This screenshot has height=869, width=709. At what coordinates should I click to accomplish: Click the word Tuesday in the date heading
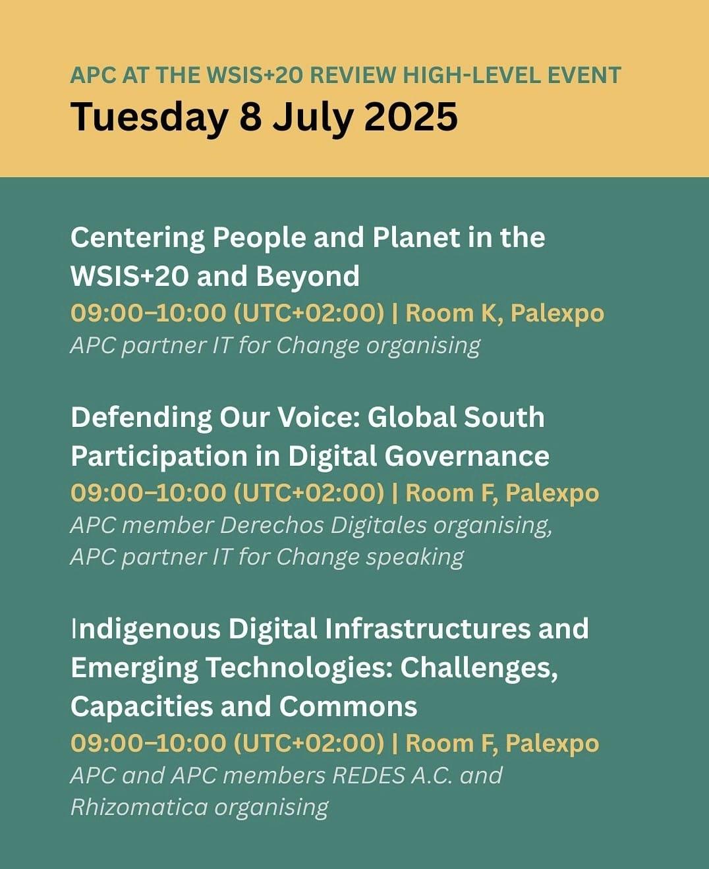(149, 117)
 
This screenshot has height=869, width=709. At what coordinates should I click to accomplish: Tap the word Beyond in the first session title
(308, 277)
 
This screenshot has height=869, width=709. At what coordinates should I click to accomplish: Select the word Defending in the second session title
(142, 418)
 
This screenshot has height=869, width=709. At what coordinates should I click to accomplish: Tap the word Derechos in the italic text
(271, 526)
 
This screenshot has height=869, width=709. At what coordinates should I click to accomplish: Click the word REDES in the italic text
(368, 776)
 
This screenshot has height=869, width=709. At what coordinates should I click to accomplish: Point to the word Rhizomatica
(139, 808)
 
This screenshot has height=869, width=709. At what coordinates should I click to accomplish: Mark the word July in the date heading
(312, 117)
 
